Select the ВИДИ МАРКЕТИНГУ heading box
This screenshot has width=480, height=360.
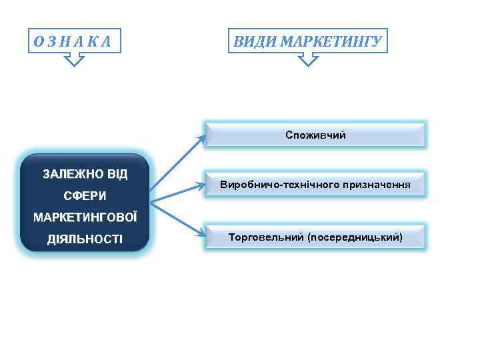pos(307,41)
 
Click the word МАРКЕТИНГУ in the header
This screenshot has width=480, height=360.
pos(330,42)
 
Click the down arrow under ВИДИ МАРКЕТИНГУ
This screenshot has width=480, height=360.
pos(307,61)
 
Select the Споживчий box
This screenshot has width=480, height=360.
pos(315,135)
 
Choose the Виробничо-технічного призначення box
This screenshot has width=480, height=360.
pos(315,183)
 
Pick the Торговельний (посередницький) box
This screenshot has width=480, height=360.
pos(315,237)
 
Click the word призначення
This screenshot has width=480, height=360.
pos(376,183)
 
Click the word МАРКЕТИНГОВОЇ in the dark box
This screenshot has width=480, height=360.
pos(85,218)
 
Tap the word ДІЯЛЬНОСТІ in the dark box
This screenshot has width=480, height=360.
pos(85,239)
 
